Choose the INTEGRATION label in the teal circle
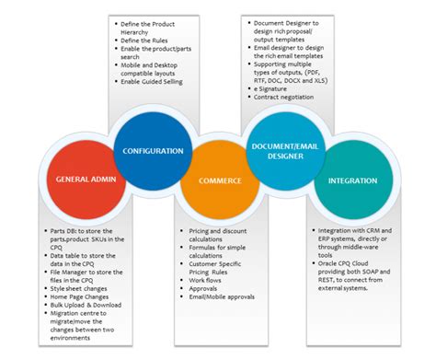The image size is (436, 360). [x=346, y=180]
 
